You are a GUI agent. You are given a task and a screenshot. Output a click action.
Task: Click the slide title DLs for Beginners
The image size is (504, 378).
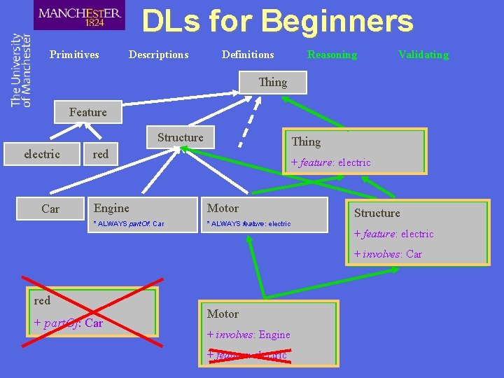click(x=277, y=22)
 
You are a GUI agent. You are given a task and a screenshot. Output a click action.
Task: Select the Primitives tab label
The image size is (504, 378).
click(x=74, y=55)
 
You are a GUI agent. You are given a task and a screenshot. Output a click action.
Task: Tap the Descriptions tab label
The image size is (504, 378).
click(x=158, y=55)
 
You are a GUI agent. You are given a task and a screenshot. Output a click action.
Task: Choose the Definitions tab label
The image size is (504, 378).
click(x=248, y=55)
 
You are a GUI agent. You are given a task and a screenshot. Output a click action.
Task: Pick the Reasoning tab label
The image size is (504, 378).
click(x=332, y=55)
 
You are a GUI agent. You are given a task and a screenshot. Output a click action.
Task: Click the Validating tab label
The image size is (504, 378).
click(x=423, y=55)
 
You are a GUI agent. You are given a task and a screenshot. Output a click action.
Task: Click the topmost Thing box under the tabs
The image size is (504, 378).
click(x=272, y=83)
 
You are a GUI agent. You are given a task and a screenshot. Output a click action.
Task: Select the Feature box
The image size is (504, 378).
click(x=87, y=112)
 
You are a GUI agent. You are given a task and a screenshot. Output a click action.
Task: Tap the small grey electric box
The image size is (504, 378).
click(x=42, y=154)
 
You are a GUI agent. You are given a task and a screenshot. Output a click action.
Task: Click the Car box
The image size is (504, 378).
click(x=50, y=209)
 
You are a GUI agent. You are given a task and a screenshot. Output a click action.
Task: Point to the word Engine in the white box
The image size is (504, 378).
click(x=112, y=208)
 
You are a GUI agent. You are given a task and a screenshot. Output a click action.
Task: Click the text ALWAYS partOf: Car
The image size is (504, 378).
click(x=129, y=224)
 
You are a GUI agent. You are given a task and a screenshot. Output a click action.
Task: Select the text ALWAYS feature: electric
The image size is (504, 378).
click(x=248, y=224)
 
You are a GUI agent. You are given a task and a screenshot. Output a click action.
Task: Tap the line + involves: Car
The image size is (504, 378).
click(x=388, y=254)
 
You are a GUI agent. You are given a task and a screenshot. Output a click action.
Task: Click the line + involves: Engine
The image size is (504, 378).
click(x=248, y=335)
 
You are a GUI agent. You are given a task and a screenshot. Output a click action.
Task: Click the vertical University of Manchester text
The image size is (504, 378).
click(x=21, y=70)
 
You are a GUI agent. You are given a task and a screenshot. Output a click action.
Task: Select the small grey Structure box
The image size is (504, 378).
click(x=180, y=138)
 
